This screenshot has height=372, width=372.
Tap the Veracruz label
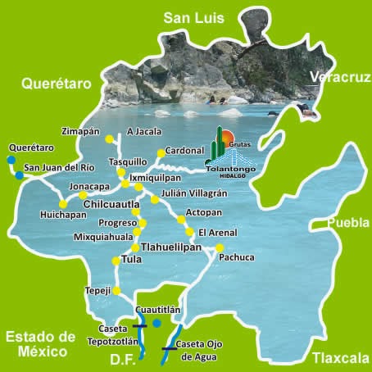[x=340, y=78]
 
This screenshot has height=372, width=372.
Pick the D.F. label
[x=125, y=360]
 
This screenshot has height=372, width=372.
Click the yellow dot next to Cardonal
[x=160, y=152]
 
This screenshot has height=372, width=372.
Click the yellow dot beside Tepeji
[x=116, y=290]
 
